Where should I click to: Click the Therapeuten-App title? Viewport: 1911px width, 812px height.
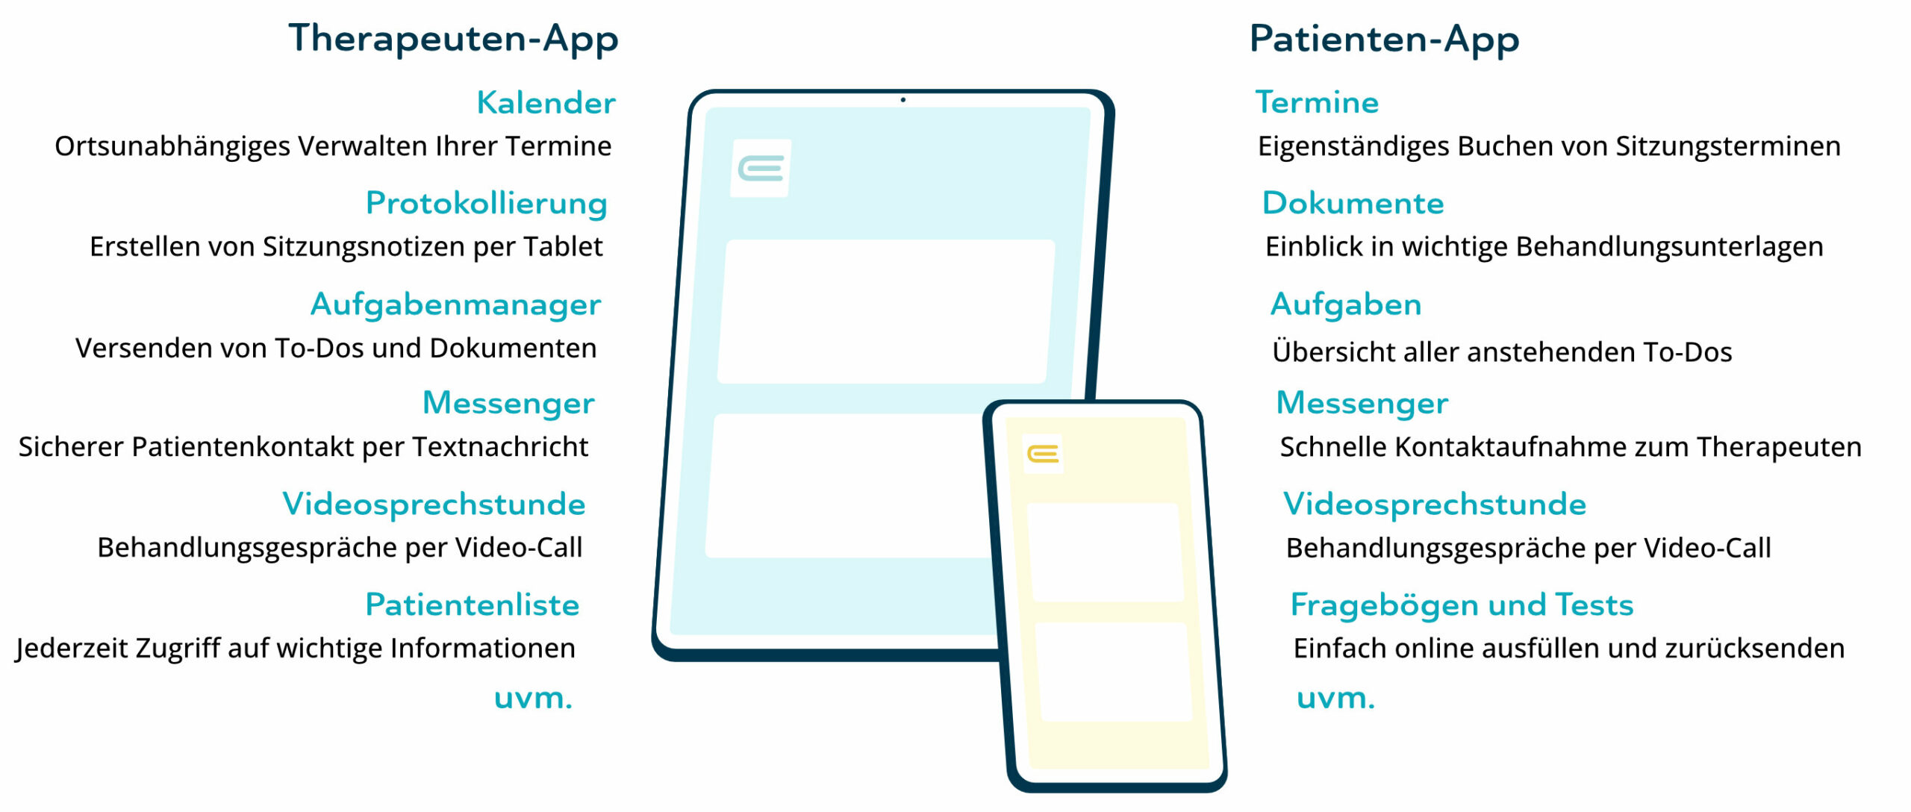[453, 39]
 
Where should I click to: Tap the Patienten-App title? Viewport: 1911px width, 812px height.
[1384, 39]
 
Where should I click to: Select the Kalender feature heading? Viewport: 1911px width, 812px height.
[546, 103]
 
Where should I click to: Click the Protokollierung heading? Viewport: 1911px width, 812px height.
[486, 204]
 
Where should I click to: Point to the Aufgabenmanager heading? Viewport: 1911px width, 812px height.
[455, 305]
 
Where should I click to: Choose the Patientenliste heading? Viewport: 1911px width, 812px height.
[472, 605]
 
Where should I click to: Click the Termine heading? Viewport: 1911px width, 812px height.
[1317, 102]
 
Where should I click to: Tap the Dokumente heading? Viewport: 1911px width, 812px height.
[1353, 203]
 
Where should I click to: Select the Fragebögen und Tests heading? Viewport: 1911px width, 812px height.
[1462, 605]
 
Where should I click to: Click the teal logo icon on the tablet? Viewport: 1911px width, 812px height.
[761, 169]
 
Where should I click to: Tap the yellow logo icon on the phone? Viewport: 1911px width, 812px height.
[1043, 454]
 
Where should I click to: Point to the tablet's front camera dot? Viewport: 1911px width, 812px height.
[903, 99]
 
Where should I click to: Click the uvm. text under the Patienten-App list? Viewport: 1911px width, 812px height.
[1335, 699]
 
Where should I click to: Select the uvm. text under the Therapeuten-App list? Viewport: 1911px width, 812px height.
[533, 699]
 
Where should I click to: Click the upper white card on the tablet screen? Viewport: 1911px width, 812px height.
[886, 311]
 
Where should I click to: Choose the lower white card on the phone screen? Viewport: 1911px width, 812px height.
[1114, 672]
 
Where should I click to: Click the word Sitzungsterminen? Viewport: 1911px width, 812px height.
[1728, 147]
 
